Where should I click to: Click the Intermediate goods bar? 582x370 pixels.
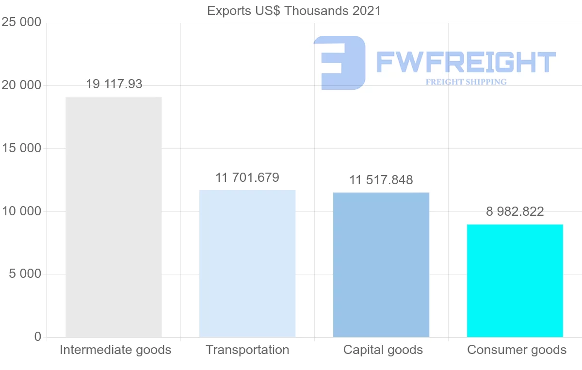click(x=113, y=217)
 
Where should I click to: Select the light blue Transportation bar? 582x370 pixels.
click(x=247, y=263)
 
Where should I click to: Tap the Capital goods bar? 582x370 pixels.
click(x=381, y=265)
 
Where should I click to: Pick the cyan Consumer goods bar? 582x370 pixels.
click(x=515, y=280)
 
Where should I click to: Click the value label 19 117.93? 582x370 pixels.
click(x=114, y=84)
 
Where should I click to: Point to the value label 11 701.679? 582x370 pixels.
click(x=247, y=177)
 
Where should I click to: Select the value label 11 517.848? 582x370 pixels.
click(x=381, y=180)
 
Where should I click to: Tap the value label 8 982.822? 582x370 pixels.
click(x=515, y=211)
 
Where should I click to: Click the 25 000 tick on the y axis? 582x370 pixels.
click(x=21, y=23)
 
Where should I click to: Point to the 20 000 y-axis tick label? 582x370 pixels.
click(x=21, y=85)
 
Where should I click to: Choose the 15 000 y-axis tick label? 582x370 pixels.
click(x=21, y=148)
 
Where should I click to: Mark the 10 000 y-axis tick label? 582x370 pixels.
click(x=21, y=211)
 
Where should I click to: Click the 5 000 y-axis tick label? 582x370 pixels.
click(x=25, y=274)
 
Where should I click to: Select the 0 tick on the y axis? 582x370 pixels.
click(x=38, y=337)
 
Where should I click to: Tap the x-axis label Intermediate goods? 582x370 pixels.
click(x=115, y=350)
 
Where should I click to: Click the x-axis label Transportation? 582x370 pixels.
click(x=247, y=350)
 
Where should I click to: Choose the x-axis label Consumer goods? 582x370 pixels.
click(x=517, y=350)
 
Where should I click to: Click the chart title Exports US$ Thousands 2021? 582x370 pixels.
click(x=294, y=11)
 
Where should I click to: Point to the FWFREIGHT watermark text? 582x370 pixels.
click(x=466, y=63)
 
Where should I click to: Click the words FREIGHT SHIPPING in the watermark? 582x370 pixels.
click(x=466, y=82)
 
